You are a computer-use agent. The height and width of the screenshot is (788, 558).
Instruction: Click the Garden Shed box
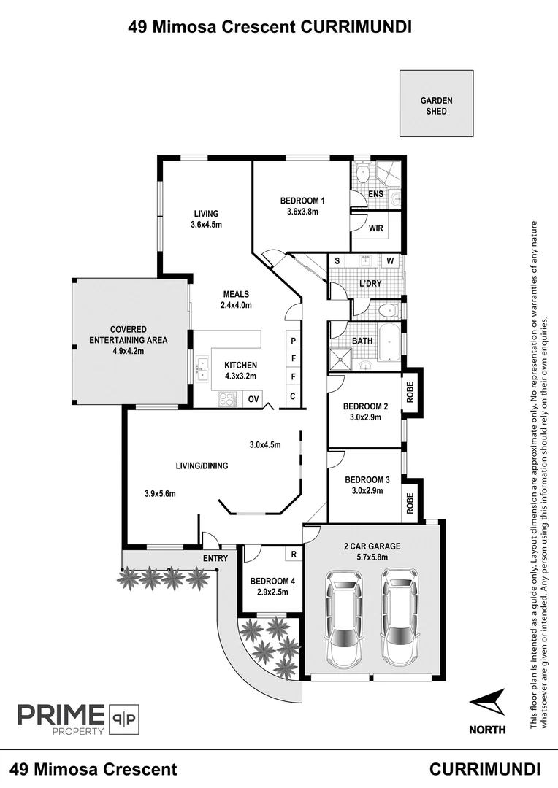click(x=436, y=103)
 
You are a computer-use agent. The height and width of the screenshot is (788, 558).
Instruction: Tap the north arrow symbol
click(x=487, y=704)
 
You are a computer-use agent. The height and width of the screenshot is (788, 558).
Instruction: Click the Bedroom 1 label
click(x=302, y=201)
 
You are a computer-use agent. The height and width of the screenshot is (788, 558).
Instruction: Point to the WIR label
click(x=375, y=228)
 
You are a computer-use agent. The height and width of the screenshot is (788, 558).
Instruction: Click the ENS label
click(x=375, y=194)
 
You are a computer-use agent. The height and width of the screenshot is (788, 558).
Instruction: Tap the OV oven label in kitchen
click(x=253, y=399)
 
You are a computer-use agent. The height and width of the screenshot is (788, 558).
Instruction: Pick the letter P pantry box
click(x=293, y=341)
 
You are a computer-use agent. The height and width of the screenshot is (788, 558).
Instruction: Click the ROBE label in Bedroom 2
click(x=411, y=392)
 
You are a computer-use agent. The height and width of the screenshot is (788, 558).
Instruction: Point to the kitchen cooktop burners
click(x=227, y=398)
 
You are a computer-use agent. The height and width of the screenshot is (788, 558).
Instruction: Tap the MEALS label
click(x=237, y=295)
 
